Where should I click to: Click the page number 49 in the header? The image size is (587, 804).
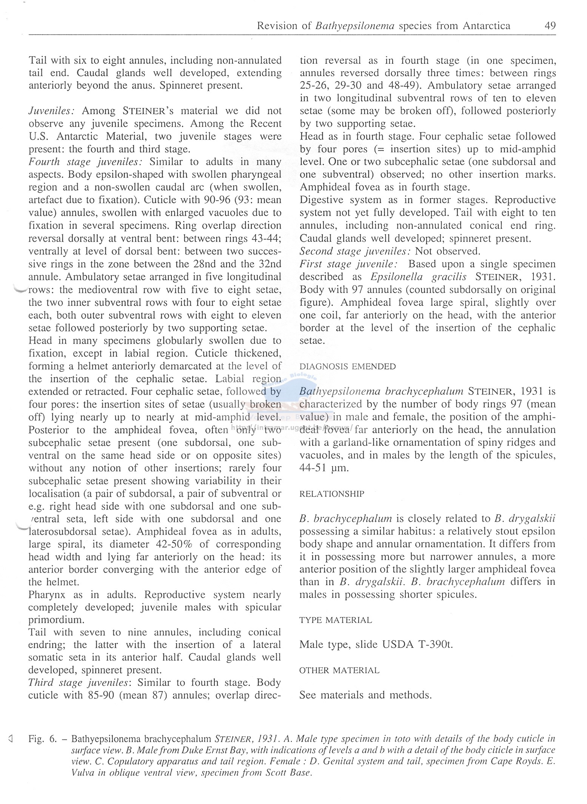pyautogui.click(x=550, y=26)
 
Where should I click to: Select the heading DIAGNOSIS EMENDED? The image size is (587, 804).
pyautogui.click(x=347, y=367)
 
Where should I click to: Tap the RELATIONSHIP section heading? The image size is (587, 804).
pyautogui.click(x=332, y=494)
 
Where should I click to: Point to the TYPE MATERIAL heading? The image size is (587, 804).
pyautogui.click(x=336, y=620)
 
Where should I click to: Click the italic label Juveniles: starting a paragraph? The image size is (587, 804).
pyautogui.click(x=53, y=111)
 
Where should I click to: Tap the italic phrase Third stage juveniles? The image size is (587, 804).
pyautogui.click(x=79, y=683)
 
